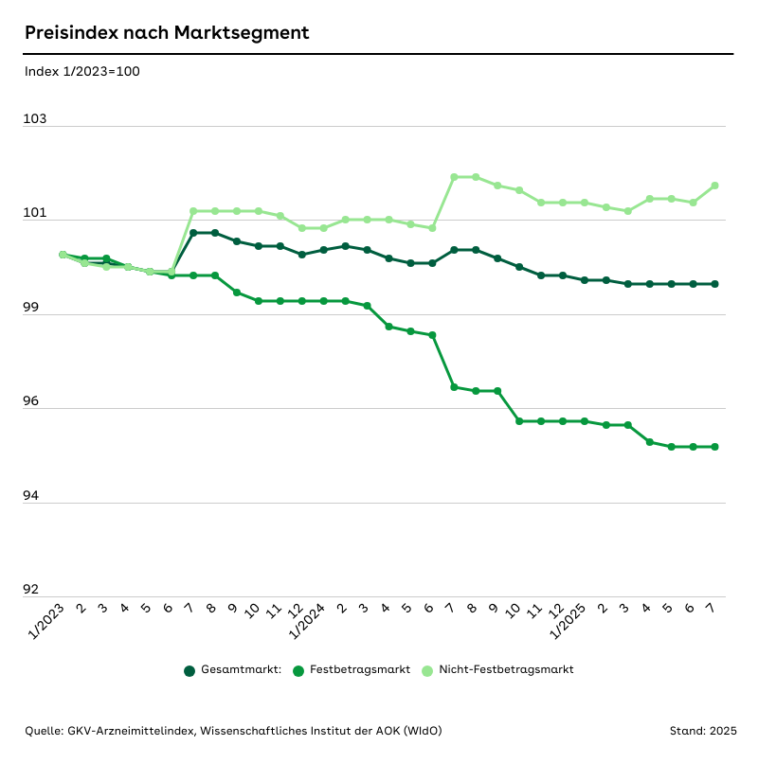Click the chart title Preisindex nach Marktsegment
pos(167,33)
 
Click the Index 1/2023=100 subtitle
pos(82,71)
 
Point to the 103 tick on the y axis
pos(35,120)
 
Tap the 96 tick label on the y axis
pos(32,402)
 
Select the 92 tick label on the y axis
pos(32,590)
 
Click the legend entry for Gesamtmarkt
pos(233,670)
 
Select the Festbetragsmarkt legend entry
pos(352,670)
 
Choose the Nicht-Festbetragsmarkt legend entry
pos(497,670)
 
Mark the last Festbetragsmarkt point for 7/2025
pos(714,447)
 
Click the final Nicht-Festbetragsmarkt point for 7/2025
pos(714,186)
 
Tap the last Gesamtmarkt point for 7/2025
pos(714,284)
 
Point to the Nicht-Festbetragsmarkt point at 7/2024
pos(454,177)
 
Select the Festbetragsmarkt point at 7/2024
pos(454,387)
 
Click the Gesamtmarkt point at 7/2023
pos(192,233)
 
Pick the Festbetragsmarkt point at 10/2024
pos(519,421)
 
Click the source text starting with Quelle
pos(233,731)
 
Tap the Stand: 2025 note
pos(702,731)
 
